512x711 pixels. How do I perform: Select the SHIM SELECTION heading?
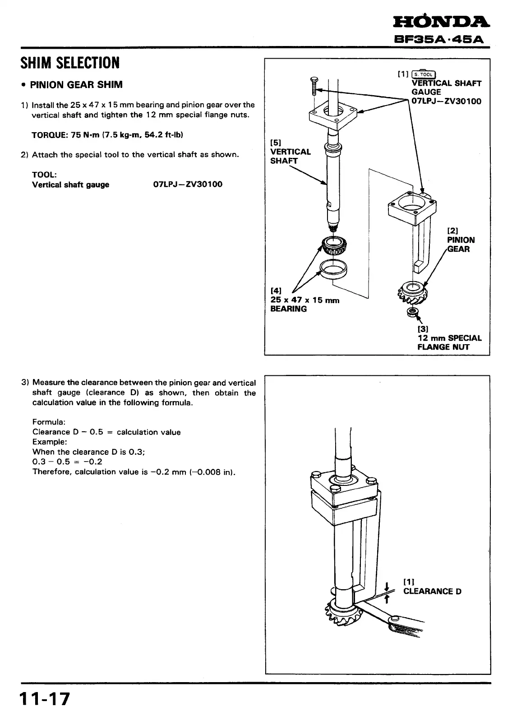[70, 63]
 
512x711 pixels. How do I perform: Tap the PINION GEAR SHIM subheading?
[76, 85]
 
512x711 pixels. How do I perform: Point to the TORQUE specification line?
[108, 134]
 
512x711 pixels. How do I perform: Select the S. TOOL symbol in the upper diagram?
[423, 74]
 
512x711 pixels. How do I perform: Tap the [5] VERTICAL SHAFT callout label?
[290, 152]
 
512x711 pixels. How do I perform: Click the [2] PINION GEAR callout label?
[460, 240]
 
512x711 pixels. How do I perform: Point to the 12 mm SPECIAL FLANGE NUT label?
[449, 342]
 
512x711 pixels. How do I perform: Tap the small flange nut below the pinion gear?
[411, 312]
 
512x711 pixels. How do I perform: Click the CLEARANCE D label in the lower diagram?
[432, 591]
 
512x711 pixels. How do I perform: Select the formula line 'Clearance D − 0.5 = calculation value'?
[106, 432]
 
